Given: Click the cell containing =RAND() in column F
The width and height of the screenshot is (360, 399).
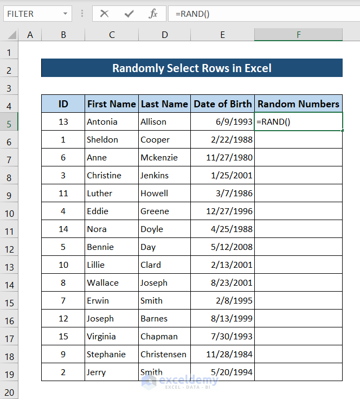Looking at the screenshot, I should pyautogui.click(x=298, y=121).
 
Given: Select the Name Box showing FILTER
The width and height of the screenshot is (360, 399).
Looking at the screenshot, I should pyautogui.click(x=33, y=14).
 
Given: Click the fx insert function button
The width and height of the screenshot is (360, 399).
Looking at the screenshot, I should pyautogui.click(x=153, y=14).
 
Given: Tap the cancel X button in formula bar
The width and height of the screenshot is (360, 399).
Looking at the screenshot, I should pyautogui.click(x=105, y=14).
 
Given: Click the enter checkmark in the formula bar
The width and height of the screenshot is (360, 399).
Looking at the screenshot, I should pyautogui.click(x=129, y=14).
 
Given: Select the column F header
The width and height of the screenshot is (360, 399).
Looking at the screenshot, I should pyautogui.click(x=298, y=35).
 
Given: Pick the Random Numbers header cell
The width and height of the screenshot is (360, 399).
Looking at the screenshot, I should pyautogui.click(x=298, y=104).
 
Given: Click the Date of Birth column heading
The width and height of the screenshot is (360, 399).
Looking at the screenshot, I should pyautogui.click(x=222, y=104).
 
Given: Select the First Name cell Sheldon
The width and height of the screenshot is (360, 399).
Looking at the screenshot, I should pyautogui.click(x=102, y=139).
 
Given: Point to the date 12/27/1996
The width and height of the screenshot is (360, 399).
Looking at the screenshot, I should pyautogui.click(x=230, y=211).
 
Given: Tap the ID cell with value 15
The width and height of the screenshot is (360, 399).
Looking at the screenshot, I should pyautogui.click(x=63, y=336).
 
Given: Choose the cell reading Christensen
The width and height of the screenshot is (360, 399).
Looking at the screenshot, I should pyautogui.click(x=163, y=354).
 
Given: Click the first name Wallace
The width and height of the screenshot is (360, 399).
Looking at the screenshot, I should pyautogui.click(x=103, y=282).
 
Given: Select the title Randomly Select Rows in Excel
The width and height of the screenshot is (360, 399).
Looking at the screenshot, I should pyautogui.click(x=191, y=68).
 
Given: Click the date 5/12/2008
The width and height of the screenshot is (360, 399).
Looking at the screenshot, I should pyautogui.click(x=233, y=247).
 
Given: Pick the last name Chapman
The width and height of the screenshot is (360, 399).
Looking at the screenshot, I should pyautogui.click(x=159, y=336).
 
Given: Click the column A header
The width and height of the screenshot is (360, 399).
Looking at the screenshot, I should pyautogui.click(x=30, y=35).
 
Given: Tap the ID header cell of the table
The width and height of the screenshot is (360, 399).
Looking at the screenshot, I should pyautogui.click(x=63, y=104).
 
